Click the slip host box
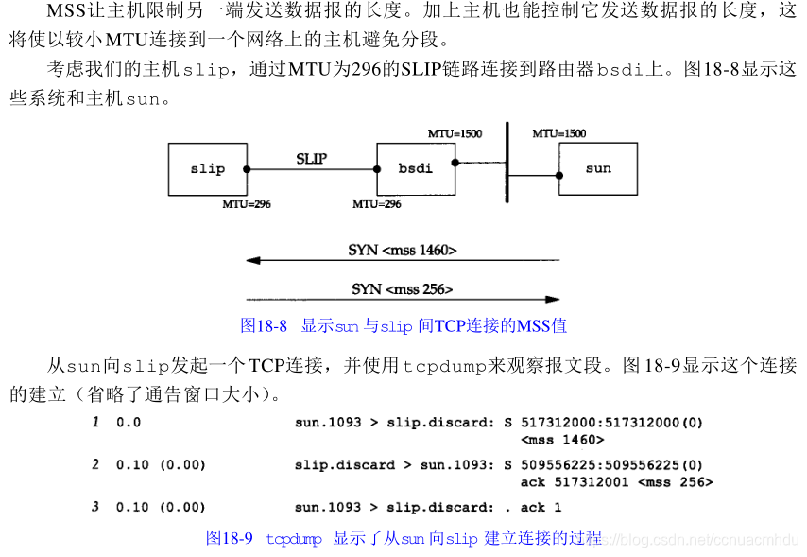(x=207, y=169)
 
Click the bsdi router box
(x=415, y=169)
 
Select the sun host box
(x=597, y=169)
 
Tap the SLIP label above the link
(x=311, y=159)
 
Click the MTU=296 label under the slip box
(x=246, y=203)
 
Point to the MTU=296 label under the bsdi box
(x=376, y=203)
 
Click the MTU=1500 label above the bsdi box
(x=455, y=134)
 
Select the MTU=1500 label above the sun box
(x=558, y=134)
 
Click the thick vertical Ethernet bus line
(x=507, y=170)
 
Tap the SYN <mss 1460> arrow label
(x=402, y=251)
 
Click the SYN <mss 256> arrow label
(x=402, y=288)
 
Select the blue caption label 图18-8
(x=264, y=326)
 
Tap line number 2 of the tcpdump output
(x=95, y=465)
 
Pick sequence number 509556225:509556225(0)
(x=610, y=465)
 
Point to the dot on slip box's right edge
(x=247, y=170)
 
